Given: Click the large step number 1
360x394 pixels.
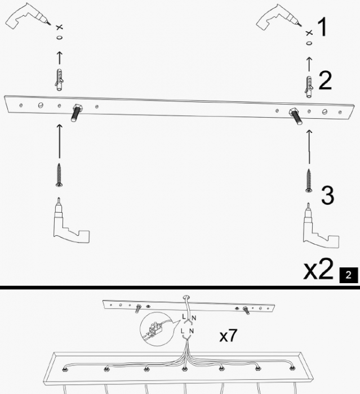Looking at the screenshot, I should [x=322, y=27].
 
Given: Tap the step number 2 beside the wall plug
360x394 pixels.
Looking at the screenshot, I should [x=325, y=81].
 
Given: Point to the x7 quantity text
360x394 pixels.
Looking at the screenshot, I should [x=228, y=337].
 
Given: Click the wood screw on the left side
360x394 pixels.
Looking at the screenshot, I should [x=59, y=174].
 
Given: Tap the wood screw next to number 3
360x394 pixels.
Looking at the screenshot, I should [x=308, y=180].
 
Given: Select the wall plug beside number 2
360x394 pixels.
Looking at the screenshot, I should [x=308, y=86].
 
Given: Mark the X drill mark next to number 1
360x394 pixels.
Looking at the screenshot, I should [x=308, y=34].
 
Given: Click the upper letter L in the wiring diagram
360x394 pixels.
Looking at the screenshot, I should [x=183, y=318].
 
